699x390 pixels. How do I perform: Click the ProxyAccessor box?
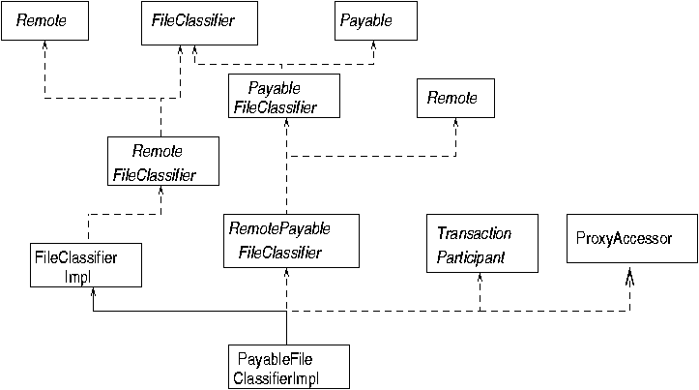tap(630, 239)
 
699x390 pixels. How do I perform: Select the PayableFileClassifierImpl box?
tap(286, 365)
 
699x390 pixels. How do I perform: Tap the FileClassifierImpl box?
tap(86, 265)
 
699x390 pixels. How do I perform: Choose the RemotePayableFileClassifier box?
tap(291, 241)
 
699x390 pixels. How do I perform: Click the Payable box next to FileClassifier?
tap(375, 21)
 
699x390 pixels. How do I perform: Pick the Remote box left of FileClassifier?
tap(44, 21)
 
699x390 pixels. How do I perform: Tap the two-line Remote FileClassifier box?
tap(163, 162)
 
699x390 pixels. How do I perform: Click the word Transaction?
tap(474, 234)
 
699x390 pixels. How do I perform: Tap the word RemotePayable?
tap(279, 229)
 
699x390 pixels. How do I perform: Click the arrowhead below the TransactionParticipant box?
tap(479, 279)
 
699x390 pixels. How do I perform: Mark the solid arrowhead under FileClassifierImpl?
tap(92, 294)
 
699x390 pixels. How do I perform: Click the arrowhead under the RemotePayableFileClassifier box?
tap(286, 275)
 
